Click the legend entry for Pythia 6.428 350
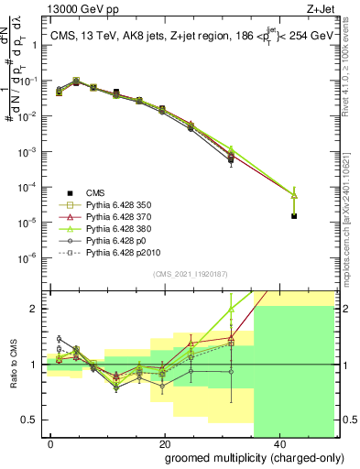[x=122, y=206]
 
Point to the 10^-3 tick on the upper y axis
[x=27, y=151]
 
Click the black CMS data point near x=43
[x=294, y=216]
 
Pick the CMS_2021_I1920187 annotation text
[x=190, y=275]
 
